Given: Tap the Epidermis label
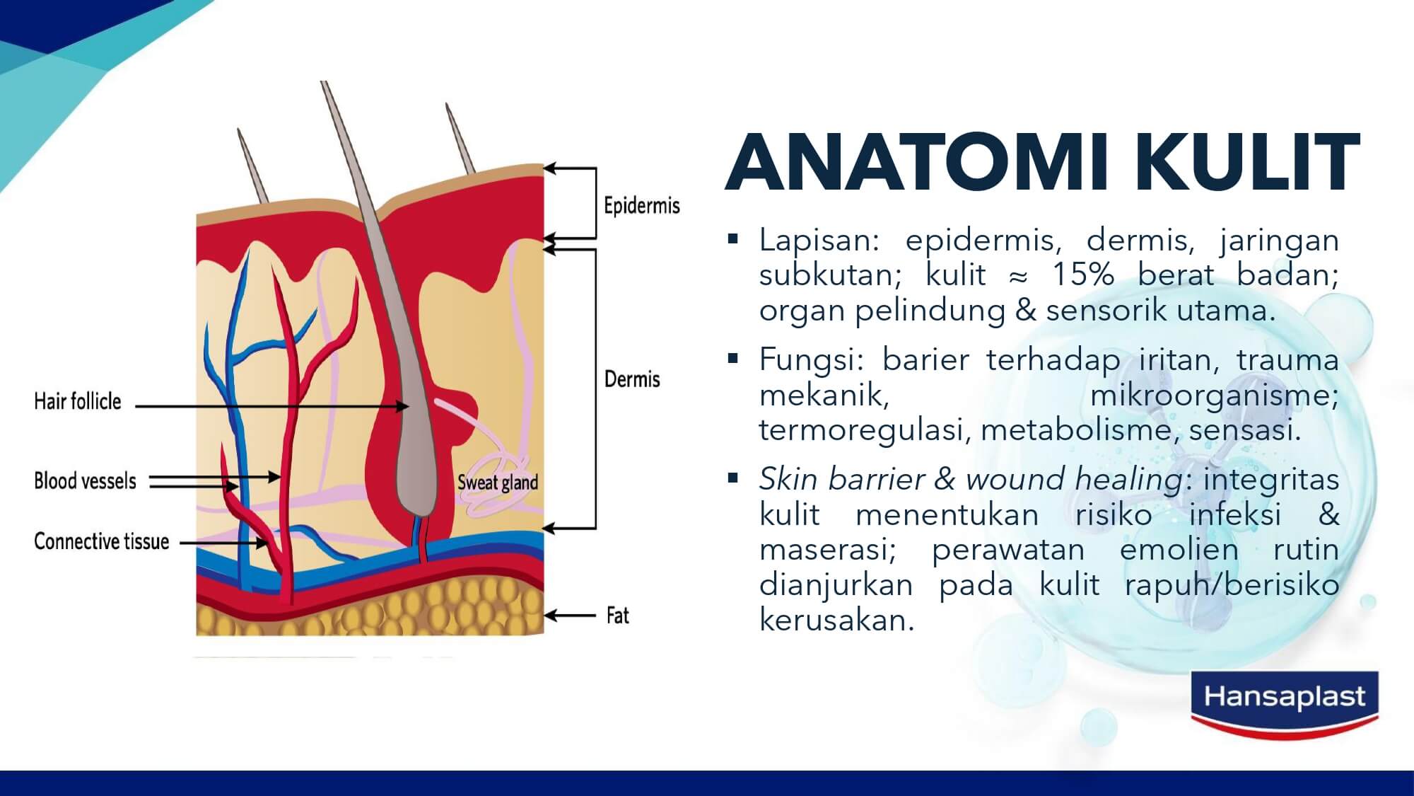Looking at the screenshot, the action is click(641, 206).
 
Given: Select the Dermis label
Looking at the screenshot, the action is click(632, 379).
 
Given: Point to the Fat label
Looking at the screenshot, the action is click(617, 616).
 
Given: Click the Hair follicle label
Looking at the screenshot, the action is click(78, 401).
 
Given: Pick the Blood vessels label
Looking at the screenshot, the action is click(85, 481).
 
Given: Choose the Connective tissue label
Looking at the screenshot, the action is click(102, 541).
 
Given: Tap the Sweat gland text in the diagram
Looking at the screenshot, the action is click(498, 483).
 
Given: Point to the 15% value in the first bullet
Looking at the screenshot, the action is click(1083, 275).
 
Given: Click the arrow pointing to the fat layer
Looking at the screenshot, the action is click(570, 616).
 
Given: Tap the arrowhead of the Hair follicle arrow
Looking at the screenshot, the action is click(402, 406).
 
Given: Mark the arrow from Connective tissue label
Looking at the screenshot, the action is click(225, 543).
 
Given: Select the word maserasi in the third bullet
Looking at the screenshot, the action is click(828, 550).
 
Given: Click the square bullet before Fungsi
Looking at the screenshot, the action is click(732, 358).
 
